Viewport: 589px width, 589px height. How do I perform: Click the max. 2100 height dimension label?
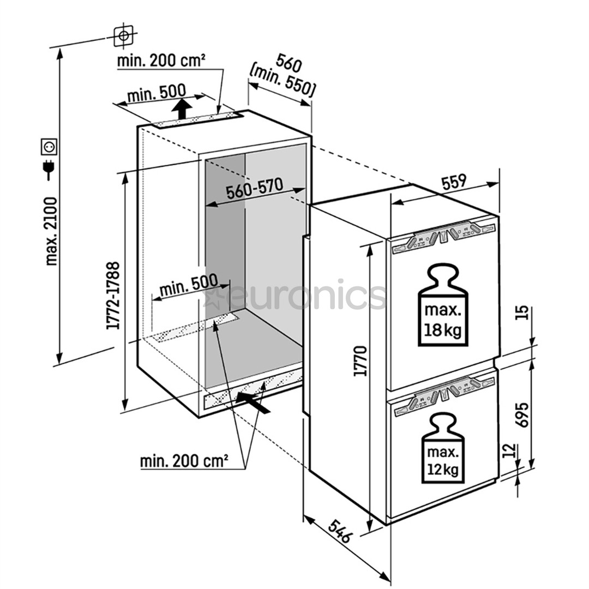[x=52, y=231]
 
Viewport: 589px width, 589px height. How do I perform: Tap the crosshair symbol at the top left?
[x=124, y=35]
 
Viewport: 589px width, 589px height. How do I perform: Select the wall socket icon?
[x=49, y=147]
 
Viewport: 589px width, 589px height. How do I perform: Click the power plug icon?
[x=49, y=170]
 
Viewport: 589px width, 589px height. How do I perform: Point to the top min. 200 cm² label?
[x=161, y=60]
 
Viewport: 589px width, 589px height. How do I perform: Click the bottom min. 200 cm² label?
[x=184, y=461]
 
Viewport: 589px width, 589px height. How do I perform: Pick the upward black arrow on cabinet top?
[x=182, y=109]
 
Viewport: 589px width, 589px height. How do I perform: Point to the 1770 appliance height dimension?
[x=359, y=361]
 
